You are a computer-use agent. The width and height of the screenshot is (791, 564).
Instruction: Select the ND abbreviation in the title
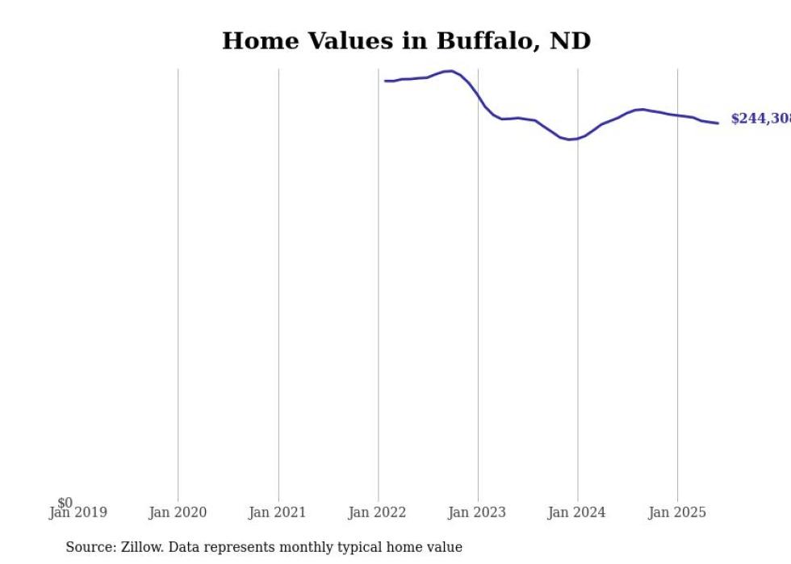pyautogui.click(x=570, y=41)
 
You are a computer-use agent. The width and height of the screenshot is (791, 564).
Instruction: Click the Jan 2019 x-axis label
pyautogui.click(x=78, y=512)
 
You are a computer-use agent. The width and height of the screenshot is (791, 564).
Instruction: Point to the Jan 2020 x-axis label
pyautogui.click(x=178, y=512)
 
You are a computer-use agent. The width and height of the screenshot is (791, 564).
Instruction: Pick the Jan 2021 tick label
pyautogui.click(x=278, y=512)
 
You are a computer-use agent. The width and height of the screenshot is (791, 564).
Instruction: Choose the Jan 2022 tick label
pyautogui.click(x=378, y=512)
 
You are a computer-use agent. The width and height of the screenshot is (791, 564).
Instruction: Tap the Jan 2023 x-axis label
pyautogui.click(x=477, y=512)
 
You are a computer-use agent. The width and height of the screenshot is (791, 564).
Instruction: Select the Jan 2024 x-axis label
pyautogui.click(x=577, y=512)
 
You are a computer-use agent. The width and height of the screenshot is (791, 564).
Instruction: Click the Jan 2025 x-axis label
pyautogui.click(x=677, y=512)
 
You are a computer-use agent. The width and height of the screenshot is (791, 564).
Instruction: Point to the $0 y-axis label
pyautogui.click(x=65, y=503)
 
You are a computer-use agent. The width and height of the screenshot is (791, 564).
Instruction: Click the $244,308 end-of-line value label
pyautogui.click(x=760, y=119)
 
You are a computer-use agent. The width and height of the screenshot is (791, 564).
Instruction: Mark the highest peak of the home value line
pyautogui.click(x=450, y=71)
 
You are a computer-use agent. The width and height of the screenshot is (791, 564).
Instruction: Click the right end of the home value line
pyautogui.click(x=718, y=123)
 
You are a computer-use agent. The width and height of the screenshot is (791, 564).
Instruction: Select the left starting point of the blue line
pyautogui.click(x=385, y=81)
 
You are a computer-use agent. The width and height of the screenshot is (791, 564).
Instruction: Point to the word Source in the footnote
pyautogui.click(x=90, y=547)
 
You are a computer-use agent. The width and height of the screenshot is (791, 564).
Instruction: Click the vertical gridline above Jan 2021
pyautogui.click(x=278, y=282)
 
